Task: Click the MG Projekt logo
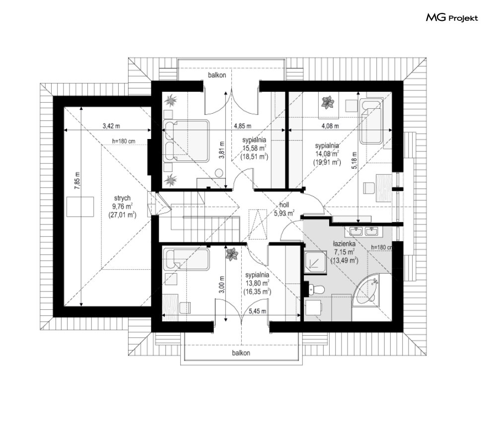coord(452,18)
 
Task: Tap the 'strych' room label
coord(122,198)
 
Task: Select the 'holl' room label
coord(284,205)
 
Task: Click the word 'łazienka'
coord(345,244)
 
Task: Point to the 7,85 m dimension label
coord(77,181)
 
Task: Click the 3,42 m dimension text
coord(111,126)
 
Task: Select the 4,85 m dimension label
coord(243,126)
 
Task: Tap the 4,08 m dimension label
coord(330,126)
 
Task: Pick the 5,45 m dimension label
coord(257,311)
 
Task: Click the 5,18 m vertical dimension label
coord(354,160)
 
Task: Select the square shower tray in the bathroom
coord(316,261)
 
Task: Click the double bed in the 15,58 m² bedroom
coord(186,141)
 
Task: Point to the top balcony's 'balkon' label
coord(217,75)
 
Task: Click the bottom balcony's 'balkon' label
coord(241,353)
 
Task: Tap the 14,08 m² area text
coord(327,154)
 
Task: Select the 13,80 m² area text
coord(257,284)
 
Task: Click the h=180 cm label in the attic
coord(124,141)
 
